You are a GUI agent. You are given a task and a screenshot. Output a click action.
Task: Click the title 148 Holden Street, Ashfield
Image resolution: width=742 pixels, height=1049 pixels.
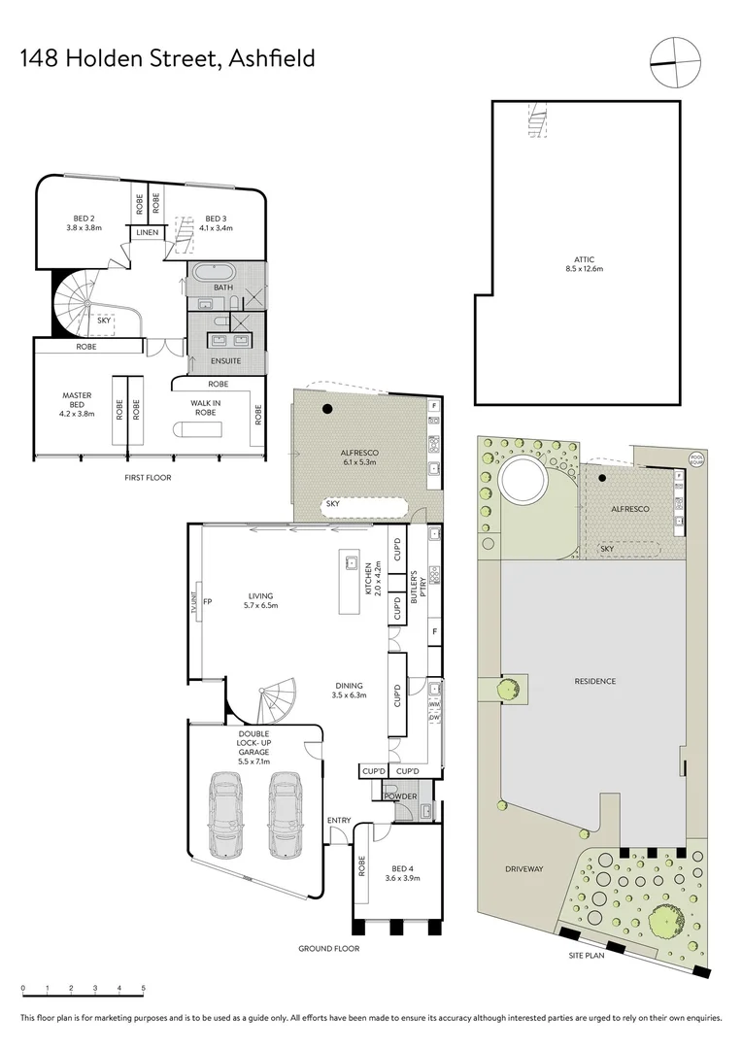tap(167, 58)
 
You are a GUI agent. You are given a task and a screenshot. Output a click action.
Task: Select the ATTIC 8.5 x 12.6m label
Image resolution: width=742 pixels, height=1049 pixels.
tap(584, 264)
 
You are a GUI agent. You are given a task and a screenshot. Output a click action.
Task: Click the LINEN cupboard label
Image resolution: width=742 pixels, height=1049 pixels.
tap(148, 233)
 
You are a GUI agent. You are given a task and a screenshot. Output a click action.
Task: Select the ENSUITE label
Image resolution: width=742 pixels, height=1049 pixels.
tap(225, 360)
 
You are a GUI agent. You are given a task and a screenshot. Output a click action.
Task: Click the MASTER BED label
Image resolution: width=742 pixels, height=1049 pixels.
tap(77, 401)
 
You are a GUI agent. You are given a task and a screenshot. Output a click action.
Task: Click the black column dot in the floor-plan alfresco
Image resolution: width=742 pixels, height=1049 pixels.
tap(328, 408)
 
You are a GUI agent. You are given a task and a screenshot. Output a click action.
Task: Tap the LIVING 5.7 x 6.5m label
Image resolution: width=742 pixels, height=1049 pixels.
tap(260, 600)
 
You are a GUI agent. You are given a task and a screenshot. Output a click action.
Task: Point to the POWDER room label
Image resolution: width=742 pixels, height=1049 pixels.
tap(401, 796)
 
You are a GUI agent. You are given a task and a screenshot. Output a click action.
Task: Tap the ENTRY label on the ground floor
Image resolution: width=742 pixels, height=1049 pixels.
tap(339, 821)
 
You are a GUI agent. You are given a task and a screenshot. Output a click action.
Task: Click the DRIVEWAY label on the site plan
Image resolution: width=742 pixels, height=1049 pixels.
tap(523, 868)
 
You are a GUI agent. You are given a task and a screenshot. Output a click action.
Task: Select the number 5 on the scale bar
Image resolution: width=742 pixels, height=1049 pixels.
tap(144, 990)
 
